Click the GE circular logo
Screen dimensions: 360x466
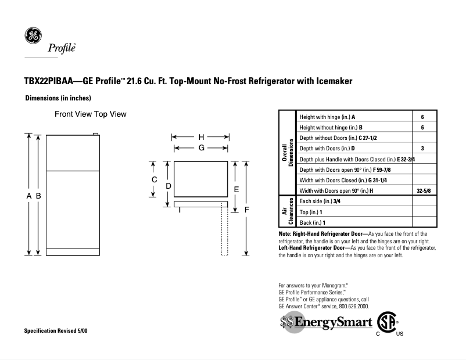coord(33,36)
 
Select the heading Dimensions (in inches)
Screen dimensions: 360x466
coord(58,98)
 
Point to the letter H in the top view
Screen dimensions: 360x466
coord(201,137)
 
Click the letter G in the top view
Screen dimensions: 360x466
coord(201,148)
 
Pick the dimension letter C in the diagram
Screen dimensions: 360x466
coord(155,180)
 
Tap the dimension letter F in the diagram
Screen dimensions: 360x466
coord(246,209)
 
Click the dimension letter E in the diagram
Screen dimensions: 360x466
coord(236,189)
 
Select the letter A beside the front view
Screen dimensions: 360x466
coord(29,196)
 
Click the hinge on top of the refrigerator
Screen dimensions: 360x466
coord(95,134)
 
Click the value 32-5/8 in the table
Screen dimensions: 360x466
coord(424,190)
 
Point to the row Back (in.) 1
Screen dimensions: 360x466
coord(312,222)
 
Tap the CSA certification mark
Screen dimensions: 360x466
coord(388,322)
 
